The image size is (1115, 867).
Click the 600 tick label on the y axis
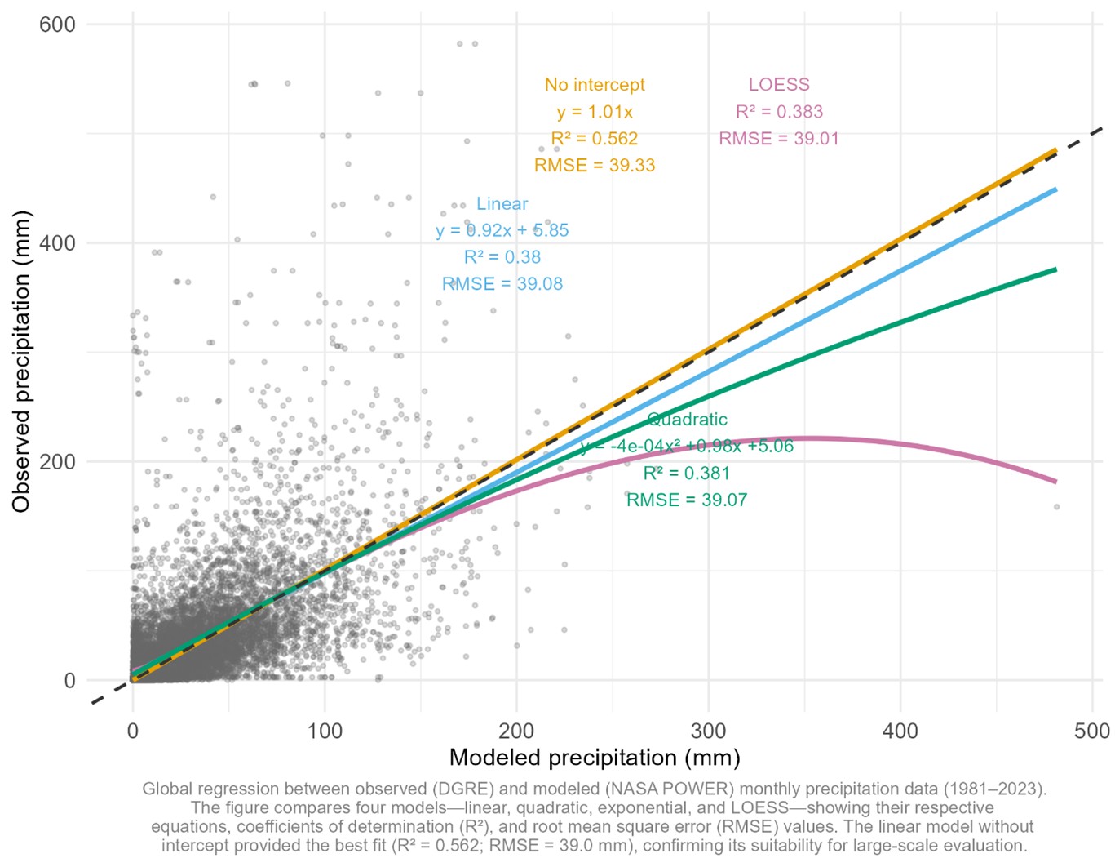pyautogui.click(x=57, y=24)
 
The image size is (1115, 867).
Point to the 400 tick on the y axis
pyautogui.click(x=57, y=243)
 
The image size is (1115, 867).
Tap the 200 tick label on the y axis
pyautogui.click(x=57, y=462)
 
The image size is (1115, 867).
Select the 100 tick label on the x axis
pyautogui.click(x=325, y=731)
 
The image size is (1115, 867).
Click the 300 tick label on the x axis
pyautogui.click(x=708, y=731)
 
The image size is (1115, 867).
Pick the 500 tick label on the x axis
pyautogui.click(x=1091, y=731)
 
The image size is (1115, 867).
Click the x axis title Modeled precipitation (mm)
pyautogui.click(x=595, y=758)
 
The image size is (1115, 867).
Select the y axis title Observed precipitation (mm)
pyautogui.click(x=21, y=362)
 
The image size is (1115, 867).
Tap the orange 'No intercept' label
pyautogui.click(x=595, y=85)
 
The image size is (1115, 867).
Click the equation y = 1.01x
pyautogui.click(x=595, y=112)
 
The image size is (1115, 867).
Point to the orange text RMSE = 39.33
pyautogui.click(x=595, y=166)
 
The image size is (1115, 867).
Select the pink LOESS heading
pyautogui.click(x=779, y=85)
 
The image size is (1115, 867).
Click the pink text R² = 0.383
pyautogui.click(x=779, y=112)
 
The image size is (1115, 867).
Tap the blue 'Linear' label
pyautogui.click(x=502, y=204)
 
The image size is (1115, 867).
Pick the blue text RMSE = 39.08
pyautogui.click(x=502, y=284)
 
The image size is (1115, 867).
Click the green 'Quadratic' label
pyautogui.click(x=687, y=420)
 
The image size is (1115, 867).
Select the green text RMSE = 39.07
pyautogui.click(x=687, y=500)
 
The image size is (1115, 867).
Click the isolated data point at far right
pyautogui.click(x=1056, y=507)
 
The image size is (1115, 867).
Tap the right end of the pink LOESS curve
pyautogui.click(x=1055, y=482)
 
